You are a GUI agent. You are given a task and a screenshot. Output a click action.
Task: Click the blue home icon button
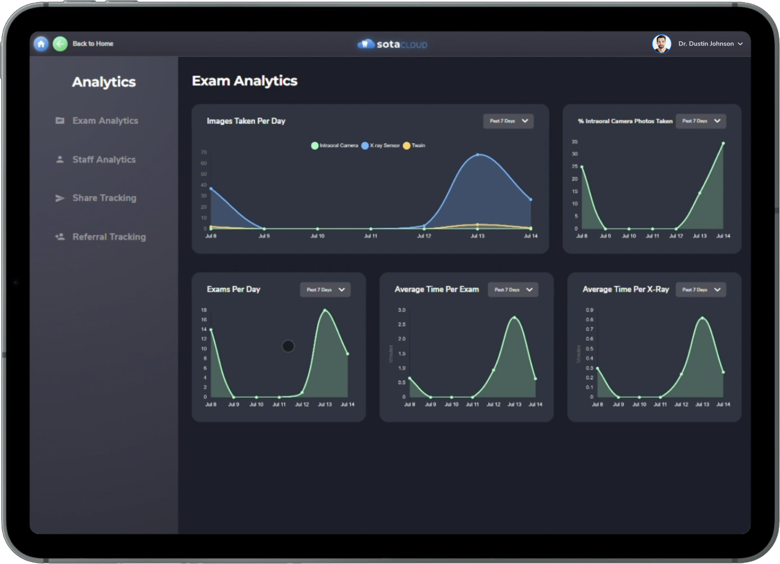click(41, 44)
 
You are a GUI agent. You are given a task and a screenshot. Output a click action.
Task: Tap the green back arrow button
click(60, 44)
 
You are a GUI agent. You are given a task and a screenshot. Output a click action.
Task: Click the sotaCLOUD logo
click(393, 44)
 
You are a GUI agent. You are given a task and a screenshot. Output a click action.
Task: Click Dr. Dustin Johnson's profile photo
click(661, 44)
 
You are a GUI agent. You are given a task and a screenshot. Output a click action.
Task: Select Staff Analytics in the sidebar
click(104, 160)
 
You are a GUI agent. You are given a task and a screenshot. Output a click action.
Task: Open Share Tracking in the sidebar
click(104, 198)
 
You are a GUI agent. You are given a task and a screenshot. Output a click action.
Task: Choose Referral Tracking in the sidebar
click(109, 237)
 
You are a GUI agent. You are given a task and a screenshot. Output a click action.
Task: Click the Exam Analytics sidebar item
click(105, 120)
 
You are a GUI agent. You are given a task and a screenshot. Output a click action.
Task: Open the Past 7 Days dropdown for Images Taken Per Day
click(508, 121)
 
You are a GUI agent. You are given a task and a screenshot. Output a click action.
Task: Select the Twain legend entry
click(414, 146)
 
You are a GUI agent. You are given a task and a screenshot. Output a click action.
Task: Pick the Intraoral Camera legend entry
click(335, 146)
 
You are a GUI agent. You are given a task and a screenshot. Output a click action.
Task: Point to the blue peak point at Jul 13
click(478, 155)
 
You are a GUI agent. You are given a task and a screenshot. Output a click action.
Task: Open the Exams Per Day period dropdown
click(325, 290)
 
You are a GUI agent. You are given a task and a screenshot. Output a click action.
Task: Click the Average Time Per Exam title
click(437, 290)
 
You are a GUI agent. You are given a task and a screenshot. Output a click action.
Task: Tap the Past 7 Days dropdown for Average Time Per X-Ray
click(701, 290)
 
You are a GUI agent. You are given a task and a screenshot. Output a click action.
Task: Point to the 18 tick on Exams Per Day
click(204, 310)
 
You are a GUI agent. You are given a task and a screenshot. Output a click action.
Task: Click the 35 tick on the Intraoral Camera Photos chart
click(575, 142)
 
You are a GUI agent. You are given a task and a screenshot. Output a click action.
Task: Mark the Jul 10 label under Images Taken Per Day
click(317, 236)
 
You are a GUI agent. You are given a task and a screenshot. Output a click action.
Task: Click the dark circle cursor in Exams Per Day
click(288, 346)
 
